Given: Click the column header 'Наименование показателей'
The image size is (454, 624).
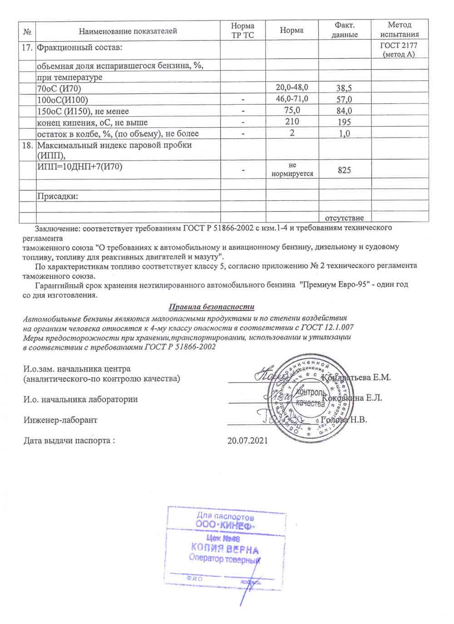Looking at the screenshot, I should point(128,31).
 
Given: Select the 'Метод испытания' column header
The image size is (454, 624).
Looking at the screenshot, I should point(400,29).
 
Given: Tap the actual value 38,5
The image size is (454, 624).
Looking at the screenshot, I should point(345,88).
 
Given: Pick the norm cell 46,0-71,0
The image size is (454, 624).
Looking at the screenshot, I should point(292,98).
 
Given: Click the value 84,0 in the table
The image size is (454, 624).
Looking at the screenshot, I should point(345,111).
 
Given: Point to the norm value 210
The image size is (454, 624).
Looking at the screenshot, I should point(292,122).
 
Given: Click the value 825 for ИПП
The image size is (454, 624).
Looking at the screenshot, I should point(345,170).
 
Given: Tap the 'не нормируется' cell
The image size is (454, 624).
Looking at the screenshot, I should point(292,169).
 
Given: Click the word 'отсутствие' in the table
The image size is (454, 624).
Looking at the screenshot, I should point(345,218).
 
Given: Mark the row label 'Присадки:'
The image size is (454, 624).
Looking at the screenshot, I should point(57,197).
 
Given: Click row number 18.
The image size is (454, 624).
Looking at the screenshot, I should point(27,145).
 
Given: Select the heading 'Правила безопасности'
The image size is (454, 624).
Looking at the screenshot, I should point(212,307).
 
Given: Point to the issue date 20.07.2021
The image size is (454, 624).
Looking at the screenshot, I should point(247,440).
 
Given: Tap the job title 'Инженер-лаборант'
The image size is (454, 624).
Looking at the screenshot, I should point(60,420).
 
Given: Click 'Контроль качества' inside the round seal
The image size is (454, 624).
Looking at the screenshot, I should point(310,397).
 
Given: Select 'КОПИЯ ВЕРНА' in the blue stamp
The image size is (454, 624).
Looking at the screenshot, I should point(225,550).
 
